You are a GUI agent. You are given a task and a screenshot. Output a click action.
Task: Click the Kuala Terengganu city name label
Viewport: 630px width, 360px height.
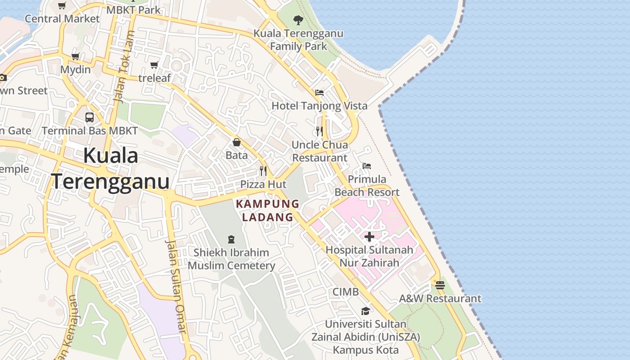(x=111, y=169)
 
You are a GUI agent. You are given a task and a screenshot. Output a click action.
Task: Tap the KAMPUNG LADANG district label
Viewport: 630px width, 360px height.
(x=268, y=211)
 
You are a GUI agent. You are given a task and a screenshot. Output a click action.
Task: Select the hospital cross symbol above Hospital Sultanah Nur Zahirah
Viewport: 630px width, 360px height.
(x=369, y=237)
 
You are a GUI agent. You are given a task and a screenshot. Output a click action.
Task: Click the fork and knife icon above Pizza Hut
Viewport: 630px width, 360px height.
(x=263, y=171)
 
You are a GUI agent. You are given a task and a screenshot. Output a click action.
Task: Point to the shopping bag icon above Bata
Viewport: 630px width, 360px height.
(x=237, y=142)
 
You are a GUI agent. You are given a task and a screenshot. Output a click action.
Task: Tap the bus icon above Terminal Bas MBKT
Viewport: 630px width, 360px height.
(x=90, y=117)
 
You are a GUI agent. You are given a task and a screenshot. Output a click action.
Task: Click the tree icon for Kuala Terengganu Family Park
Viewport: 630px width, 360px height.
(x=298, y=20)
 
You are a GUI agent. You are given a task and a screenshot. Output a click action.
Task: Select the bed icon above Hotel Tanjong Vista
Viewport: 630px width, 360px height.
(x=319, y=93)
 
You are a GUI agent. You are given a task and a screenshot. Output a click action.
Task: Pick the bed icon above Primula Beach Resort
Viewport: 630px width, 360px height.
(x=367, y=166)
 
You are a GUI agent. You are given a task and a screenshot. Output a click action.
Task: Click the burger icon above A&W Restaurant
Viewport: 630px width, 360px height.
(x=440, y=285)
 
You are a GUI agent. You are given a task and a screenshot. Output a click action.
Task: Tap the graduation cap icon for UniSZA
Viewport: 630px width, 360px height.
(x=365, y=311)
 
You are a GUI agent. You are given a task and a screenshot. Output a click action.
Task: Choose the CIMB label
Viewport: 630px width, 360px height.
(x=346, y=292)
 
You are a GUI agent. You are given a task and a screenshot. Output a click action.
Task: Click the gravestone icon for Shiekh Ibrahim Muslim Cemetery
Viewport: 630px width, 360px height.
(x=231, y=239)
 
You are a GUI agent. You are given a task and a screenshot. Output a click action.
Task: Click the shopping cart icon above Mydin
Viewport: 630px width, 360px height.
(x=75, y=57)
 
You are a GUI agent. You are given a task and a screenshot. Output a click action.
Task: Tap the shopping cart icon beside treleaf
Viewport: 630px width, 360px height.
(x=154, y=65)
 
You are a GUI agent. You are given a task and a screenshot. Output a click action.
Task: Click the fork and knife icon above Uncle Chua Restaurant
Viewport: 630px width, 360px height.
(x=319, y=131)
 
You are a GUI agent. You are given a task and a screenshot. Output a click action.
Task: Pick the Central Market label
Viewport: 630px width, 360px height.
(x=62, y=18)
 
